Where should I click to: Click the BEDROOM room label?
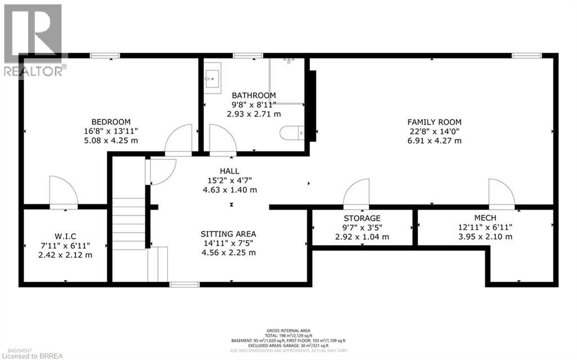(111, 122)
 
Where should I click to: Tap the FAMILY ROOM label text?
(434, 122)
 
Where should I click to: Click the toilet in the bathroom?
(292, 133)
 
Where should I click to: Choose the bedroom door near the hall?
(179, 140)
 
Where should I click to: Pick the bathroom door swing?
(222, 140)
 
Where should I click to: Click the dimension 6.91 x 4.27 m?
(434, 140)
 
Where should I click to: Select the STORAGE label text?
(362, 218)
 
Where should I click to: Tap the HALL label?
(229, 171)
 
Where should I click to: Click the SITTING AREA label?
(228, 234)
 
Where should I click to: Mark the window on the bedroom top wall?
(105, 55)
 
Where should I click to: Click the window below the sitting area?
(184, 285)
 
